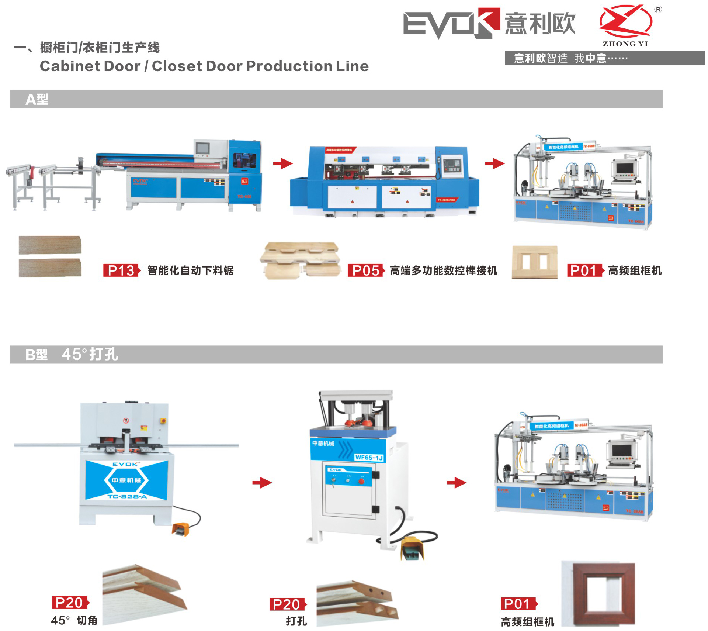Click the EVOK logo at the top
pos(450,23)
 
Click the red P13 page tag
pos(121,270)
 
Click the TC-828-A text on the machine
pos(127,497)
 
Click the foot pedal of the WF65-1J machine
pos(412,548)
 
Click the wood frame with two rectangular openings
pos(535,262)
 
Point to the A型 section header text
pos(37,99)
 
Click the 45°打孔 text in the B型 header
pos(90,354)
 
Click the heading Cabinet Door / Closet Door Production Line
pos(204,66)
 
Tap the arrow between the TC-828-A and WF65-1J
pos(262,483)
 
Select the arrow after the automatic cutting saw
pos(282,163)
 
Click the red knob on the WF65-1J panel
pos(361,481)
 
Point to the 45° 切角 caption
pos(74,620)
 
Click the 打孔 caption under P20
pos(296,621)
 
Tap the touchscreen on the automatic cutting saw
pos(202,148)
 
